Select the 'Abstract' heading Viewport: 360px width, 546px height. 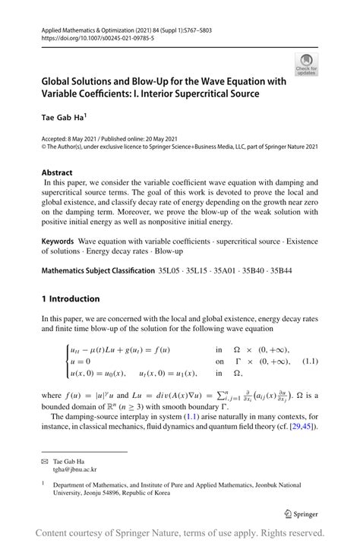pos(57,172)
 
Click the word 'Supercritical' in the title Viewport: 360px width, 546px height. pos(190,93)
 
